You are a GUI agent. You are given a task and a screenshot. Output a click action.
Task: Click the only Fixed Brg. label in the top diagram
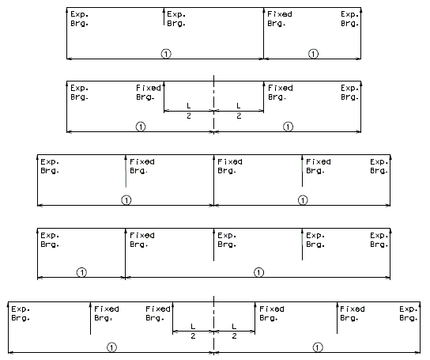(280, 19)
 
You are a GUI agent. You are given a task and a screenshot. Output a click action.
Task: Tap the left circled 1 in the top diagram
(166, 54)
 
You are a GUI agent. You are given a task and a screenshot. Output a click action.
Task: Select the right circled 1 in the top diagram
(314, 54)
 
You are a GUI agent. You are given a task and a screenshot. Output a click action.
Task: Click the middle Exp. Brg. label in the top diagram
(176, 19)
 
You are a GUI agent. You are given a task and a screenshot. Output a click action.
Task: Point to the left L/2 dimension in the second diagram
(189, 111)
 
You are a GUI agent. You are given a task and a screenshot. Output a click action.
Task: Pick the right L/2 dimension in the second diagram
(239, 111)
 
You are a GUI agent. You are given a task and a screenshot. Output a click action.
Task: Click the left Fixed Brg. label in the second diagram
(149, 93)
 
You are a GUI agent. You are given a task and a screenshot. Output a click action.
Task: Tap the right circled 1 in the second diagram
(288, 127)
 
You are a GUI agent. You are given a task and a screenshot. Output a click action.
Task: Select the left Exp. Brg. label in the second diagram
(80, 93)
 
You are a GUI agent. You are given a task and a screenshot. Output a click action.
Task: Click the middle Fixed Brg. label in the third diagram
(230, 166)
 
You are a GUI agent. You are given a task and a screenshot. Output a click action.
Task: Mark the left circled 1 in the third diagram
(126, 200)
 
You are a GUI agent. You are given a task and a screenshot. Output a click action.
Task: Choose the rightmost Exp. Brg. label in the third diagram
(379, 166)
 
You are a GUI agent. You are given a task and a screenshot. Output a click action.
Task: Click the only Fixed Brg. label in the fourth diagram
(142, 240)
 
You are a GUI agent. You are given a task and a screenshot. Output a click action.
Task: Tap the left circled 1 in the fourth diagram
(81, 272)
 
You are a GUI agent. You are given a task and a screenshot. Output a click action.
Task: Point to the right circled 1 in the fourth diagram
(259, 272)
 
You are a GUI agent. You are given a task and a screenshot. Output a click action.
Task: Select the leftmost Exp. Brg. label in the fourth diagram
(50, 240)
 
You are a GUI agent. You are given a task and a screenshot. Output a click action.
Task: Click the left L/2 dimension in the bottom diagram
(193, 332)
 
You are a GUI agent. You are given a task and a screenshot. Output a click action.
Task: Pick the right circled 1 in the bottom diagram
(318, 347)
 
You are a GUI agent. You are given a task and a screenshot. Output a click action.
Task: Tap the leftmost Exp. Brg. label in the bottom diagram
(21, 313)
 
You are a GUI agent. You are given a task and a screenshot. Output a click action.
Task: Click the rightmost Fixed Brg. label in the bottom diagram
(353, 313)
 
